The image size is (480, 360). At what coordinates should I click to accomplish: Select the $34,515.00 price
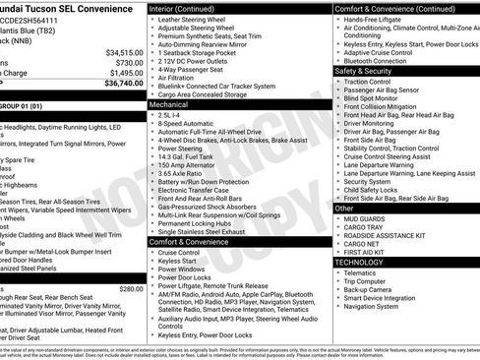point(124,52)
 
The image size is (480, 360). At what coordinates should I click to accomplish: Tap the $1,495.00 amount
point(124,73)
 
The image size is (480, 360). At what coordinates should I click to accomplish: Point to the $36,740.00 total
point(122,85)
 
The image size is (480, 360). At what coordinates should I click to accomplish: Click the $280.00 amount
point(131,289)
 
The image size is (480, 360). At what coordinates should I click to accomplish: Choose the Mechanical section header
point(168,103)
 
